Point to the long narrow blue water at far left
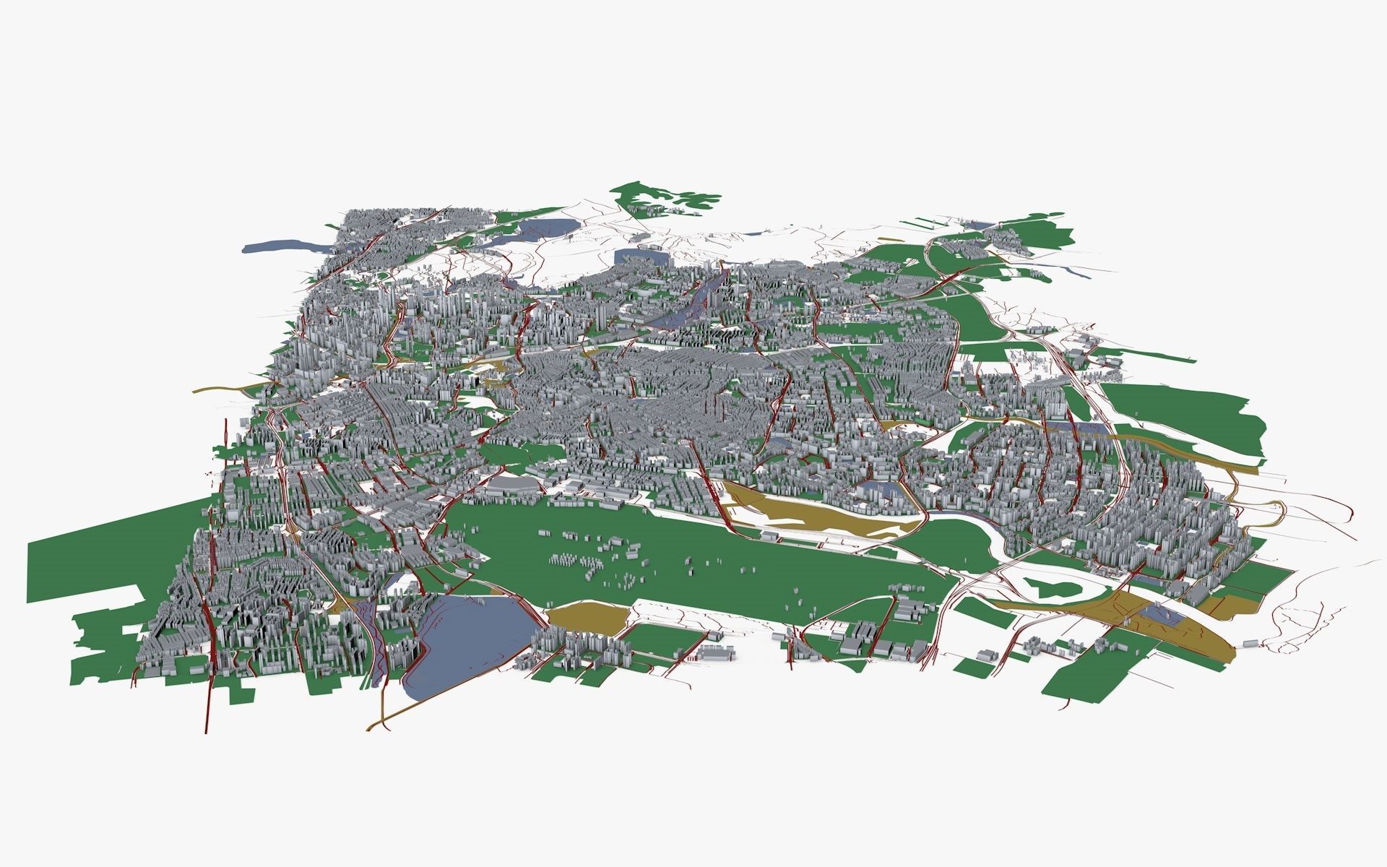[285, 246]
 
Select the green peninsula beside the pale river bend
[961, 538]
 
